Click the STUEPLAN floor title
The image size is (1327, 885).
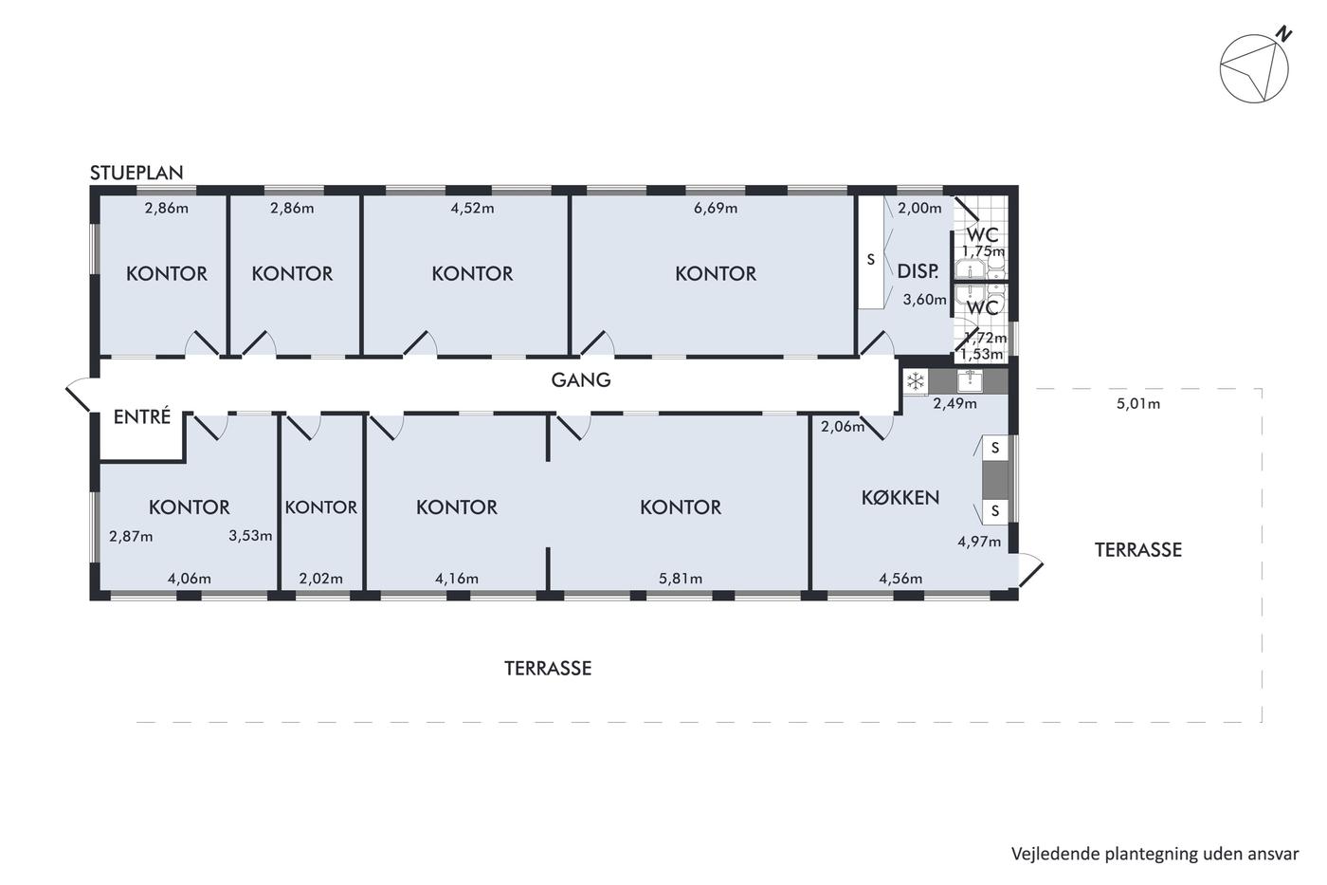pyautogui.click(x=136, y=173)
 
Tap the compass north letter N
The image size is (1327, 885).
pyautogui.click(x=1283, y=34)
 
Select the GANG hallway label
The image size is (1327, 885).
pyautogui.click(x=580, y=380)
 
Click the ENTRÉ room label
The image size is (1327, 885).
pyautogui.click(x=142, y=416)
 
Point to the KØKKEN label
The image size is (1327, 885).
pyautogui.click(x=900, y=498)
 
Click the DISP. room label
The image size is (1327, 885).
pyautogui.click(x=918, y=271)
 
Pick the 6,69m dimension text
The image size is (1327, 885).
pyautogui.click(x=716, y=208)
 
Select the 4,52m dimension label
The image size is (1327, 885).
pyautogui.click(x=472, y=208)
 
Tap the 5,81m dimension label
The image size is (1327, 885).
pyautogui.click(x=681, y=578)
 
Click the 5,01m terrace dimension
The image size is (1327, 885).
pyautogui.click(x=1138, y=404)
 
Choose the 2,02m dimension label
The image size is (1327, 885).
pyautogui.click(x=320, y=578)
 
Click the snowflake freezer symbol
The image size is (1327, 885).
pyautogui.click(x=916, y=381)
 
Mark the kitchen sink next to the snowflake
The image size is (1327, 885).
pyautogui.click(x=970, y=380)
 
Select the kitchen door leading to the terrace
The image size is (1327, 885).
pyautogui.click(x=1031, y=570)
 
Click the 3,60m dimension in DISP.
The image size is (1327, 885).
pyautogui.click(x=924, y=300)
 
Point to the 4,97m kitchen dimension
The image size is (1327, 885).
pyautogui.click(x=979, y=542)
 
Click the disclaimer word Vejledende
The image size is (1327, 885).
pyautogui.click(x=1044, y=855)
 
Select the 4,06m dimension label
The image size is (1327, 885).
pyautogui.click(x=189, y=578)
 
